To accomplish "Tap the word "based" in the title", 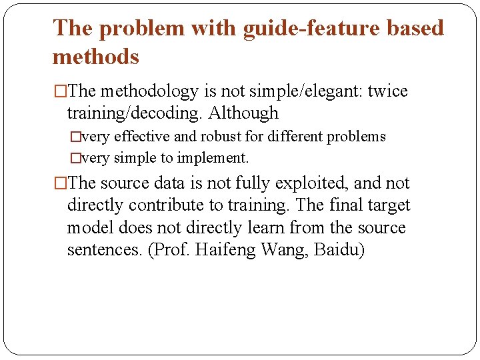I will tap(412, 29).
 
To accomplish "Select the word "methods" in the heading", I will tap(95, 57).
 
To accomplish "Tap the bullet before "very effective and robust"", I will tap(75, 137).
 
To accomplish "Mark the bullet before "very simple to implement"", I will tap(75, 159).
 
